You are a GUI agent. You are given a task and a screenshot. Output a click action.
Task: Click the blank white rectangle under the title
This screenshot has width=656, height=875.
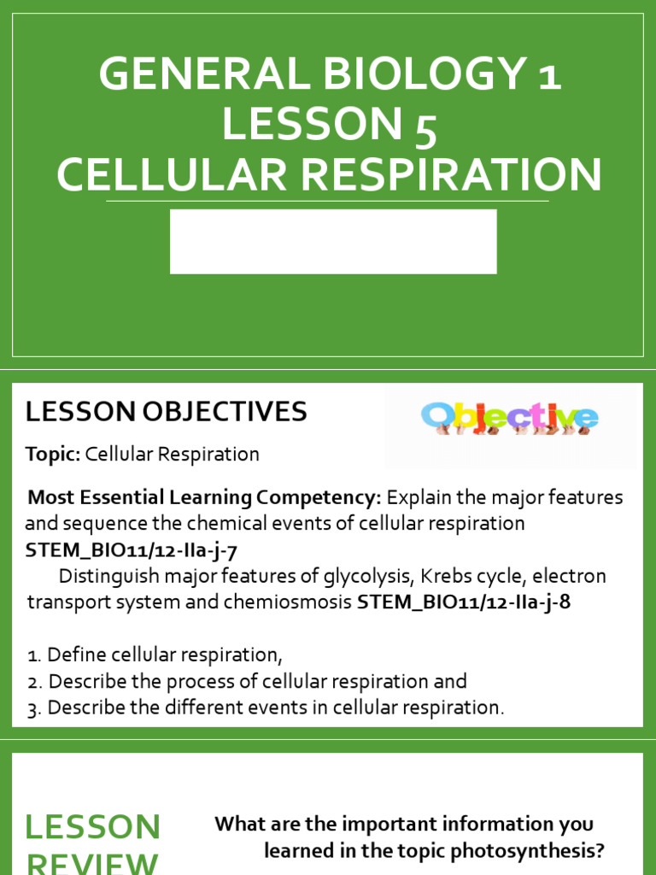(x=333, y=242)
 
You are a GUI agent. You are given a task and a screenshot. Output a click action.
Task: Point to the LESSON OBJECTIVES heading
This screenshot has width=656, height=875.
(x=166, y=412)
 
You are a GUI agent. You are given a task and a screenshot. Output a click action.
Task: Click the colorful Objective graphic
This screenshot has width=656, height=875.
(x=510, y=418)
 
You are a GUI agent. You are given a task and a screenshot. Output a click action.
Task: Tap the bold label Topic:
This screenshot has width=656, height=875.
(x=53, y=455)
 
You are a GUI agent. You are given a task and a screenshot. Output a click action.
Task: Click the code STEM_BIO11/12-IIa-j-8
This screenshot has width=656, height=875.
(x=463, y=602)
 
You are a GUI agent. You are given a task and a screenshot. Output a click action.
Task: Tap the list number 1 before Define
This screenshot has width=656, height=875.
(x=32, y=656)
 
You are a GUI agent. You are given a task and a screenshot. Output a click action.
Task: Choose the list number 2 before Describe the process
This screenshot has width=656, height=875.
(x=33, y=682)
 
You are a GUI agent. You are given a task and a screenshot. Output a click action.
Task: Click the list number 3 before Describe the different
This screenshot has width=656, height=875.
(x=33, y=708)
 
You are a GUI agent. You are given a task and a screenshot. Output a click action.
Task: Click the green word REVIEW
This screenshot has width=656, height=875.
(x=92, y=861)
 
